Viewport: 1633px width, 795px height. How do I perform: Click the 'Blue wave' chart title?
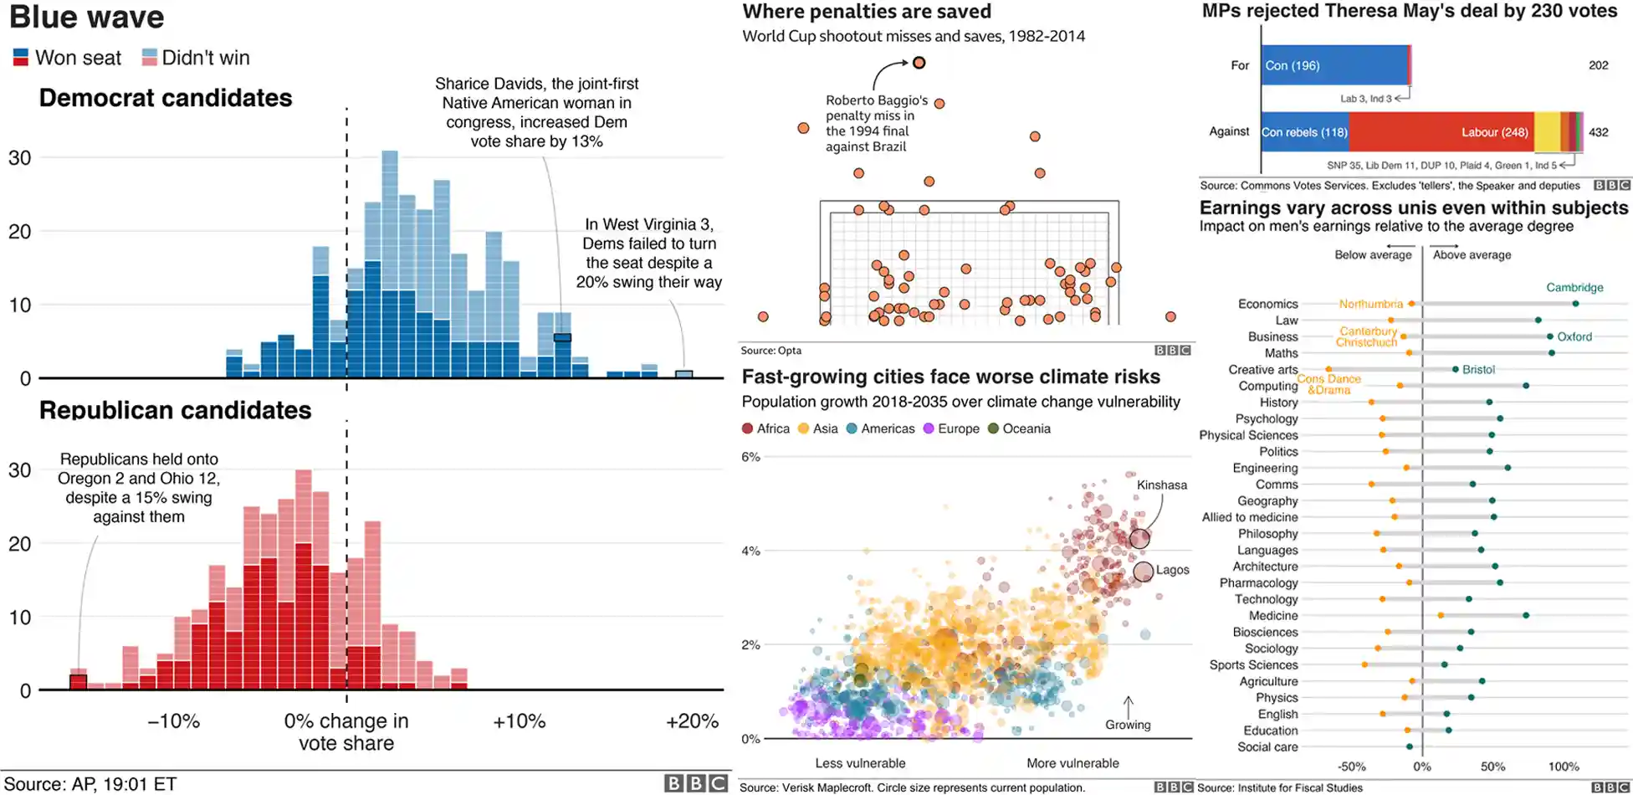pos(87,18)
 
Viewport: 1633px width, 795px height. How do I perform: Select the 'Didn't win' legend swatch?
pos(150,58)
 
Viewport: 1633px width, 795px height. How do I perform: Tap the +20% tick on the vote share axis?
pos(692,721)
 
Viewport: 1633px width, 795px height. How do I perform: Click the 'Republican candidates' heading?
pos(175,410)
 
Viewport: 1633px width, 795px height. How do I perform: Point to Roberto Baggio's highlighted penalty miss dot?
pos(919,63)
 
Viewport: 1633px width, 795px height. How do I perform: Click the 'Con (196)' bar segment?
pos(1334,65)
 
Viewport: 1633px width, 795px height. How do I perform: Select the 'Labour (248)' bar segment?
pos(1441,132)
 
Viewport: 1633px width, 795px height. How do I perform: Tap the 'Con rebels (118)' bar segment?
pos(1304,132)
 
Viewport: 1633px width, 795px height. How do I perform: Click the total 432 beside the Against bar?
pos(1598,132)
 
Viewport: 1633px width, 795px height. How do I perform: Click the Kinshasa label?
pos(1161,485)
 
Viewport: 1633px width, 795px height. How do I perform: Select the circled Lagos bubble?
pos(1143,572)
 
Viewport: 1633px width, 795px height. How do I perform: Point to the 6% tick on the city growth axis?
pos(750,457)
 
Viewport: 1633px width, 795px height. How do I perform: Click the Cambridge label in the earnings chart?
pos(1574,287)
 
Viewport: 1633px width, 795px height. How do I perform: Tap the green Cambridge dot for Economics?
pos(1575,304)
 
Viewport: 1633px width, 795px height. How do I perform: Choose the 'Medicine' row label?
pos(1273,616)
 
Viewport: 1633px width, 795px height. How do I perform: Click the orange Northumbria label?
pos(1370,304)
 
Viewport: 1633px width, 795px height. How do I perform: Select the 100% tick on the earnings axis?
pos(1563,767)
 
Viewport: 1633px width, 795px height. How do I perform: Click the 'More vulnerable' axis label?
pos(1072,763)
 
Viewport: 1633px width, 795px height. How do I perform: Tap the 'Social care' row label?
pos(1267,747)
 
